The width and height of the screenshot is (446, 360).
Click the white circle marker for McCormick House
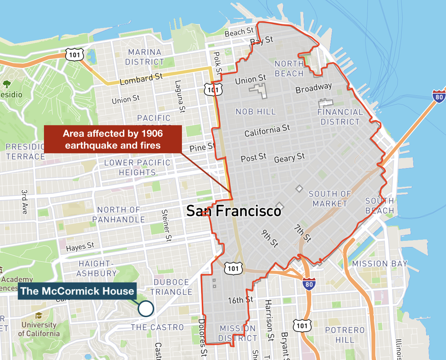point(146,309)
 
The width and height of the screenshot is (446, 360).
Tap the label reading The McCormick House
point(77,291)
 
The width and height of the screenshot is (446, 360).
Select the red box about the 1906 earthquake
point(113,139)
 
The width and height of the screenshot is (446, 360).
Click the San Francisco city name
point(233,211)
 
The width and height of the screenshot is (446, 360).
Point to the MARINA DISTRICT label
point(144,57)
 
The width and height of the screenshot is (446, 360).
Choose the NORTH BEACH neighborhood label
point(289,69)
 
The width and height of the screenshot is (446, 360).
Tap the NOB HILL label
point(256,112)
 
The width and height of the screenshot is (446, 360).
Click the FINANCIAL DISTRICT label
point(340,117)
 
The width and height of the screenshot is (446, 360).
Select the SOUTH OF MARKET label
point(330,199)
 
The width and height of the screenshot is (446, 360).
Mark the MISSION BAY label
point(380,264)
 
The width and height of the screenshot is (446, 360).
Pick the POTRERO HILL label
point(345,335)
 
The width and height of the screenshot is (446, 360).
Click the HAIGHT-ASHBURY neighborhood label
point(97,269)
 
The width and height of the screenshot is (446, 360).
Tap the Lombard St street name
point(141,79)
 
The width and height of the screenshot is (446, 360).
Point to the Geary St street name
point(289,158)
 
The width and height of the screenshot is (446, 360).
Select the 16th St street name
point(240,300)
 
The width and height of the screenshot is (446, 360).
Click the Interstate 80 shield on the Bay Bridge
point(439,96)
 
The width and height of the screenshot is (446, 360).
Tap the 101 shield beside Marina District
point(75,55)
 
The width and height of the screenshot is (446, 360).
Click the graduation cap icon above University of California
point(39,316)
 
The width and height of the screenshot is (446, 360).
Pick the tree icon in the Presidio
point(6,84)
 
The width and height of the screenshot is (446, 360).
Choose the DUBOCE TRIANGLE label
point(171,287)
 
